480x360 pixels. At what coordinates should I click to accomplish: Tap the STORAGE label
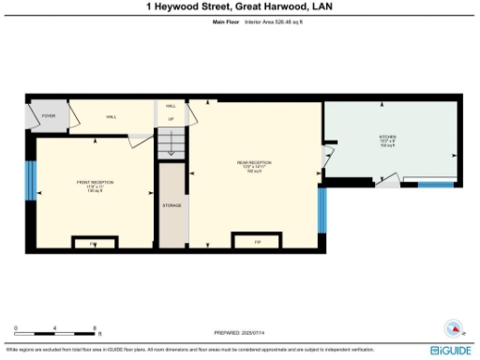[x=172, y=204]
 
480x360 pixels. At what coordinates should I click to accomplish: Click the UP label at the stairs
[x=171, y=119]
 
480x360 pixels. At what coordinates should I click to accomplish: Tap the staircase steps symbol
[x=171, y=142]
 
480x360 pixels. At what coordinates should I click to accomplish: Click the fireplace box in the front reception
[x=93, y=243]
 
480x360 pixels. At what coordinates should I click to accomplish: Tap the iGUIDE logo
[x=449, y=349]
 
